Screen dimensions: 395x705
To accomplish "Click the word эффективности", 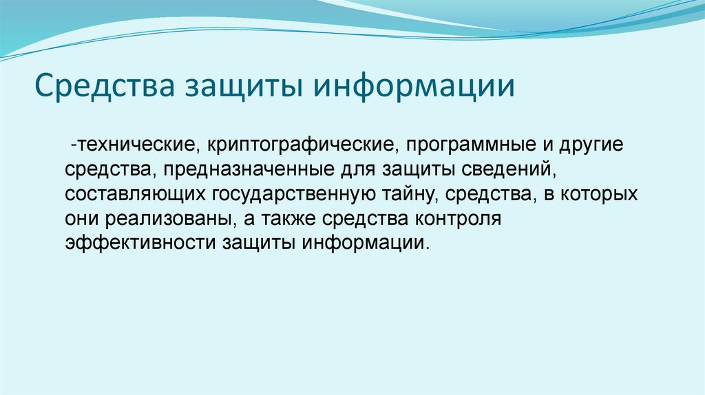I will click(140, 244).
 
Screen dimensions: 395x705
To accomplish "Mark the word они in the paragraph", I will click(83, 219).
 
